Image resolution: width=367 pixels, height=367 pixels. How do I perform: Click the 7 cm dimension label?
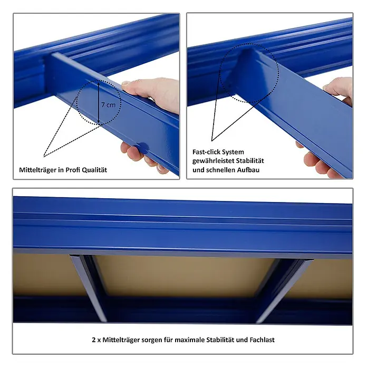109,104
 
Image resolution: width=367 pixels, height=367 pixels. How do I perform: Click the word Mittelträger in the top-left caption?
37,170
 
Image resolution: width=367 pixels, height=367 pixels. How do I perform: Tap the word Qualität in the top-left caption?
94,170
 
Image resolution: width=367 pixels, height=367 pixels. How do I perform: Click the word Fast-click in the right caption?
206,152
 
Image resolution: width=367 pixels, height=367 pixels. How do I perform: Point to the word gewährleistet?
213,161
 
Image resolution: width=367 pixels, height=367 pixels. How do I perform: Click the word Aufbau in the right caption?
248,170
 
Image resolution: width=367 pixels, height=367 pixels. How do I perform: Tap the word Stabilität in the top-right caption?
250,161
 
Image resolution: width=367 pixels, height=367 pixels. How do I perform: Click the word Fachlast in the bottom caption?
262,340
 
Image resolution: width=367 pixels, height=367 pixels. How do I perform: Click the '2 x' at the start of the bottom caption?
96,340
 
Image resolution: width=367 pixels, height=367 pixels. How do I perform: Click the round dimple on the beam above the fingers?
141,148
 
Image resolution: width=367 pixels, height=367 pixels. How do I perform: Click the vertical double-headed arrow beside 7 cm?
99,102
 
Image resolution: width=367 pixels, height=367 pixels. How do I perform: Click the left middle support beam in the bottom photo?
89,288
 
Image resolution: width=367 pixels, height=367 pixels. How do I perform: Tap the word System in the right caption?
233,152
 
